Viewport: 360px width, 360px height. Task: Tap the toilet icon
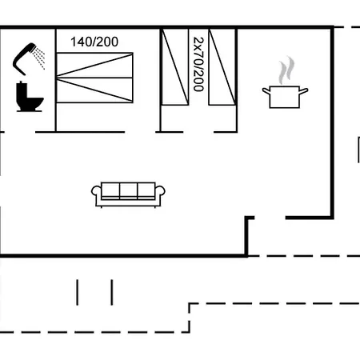pos(30,97)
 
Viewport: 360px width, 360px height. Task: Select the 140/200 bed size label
pos(94,42)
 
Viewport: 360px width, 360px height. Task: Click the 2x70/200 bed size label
pos(198,64)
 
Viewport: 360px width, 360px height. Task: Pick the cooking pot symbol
pos(285,97)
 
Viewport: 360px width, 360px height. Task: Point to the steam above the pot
pos(286,70)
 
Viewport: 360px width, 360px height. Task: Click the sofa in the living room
pos(128,194)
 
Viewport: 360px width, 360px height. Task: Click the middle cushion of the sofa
pos(129,191)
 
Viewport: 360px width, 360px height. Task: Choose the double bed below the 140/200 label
pos(94,78)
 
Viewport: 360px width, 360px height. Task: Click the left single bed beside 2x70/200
pos(175,67)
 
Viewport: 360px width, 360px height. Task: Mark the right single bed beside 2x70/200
pos(222,67)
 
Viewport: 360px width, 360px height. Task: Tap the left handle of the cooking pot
pos(266,91)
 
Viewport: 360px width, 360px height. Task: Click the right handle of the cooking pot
pos(304,91)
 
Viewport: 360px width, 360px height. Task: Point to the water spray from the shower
pos(39,58)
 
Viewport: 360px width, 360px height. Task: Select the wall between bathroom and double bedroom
pos(56,80)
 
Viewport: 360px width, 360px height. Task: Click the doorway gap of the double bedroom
pos(141,132)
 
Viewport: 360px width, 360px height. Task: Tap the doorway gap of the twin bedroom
pos(198,132)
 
